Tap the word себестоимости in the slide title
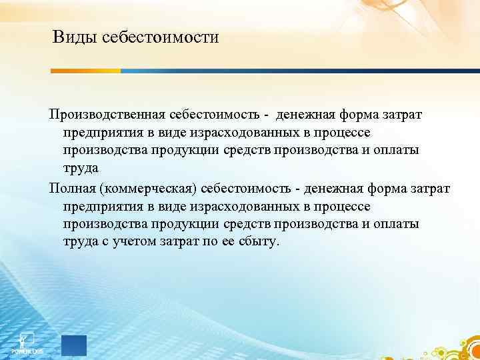tap(161, 37)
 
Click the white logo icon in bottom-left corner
tap(27, 339)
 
